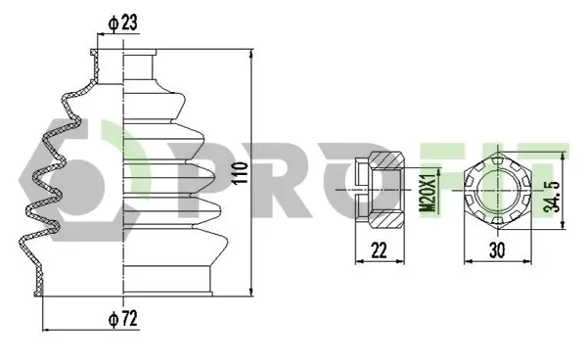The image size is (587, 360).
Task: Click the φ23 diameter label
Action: point(123,22)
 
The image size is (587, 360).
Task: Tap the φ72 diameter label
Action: point(123,319)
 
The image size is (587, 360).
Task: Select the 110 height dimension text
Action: point(240,172)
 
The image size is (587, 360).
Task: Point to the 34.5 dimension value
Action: point(552,197)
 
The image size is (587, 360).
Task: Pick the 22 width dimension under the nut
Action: point(379,250)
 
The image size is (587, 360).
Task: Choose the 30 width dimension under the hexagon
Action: point(497,250)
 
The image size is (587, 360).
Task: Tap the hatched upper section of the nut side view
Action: point(386,160)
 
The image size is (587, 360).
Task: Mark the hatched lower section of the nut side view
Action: point(386,220)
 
